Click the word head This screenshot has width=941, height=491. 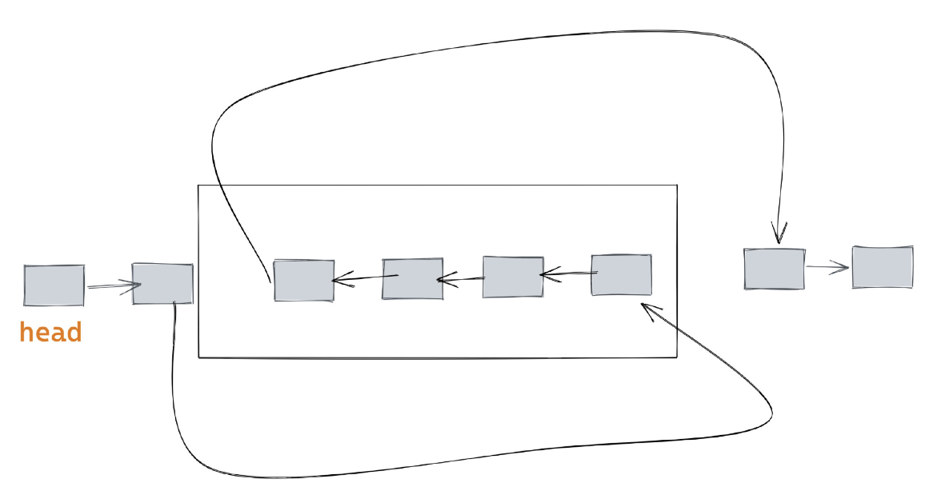(50, 332)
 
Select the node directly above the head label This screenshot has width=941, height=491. (54, 285)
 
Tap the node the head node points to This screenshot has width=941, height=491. (162, 283)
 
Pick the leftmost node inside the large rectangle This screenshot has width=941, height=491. (304, 280)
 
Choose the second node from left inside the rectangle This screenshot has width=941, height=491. (412, 278)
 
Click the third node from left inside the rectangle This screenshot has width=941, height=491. (513, 277)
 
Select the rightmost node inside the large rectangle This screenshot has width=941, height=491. (621, 275)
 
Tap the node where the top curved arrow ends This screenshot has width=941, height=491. (774, 268)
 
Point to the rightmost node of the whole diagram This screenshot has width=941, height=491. (883, 267)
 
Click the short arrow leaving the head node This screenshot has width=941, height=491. (112, 285)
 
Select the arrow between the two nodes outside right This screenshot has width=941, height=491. (827, 268)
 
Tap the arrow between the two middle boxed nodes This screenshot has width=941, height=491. (461, 279)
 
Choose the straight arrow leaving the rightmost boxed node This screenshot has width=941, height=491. (568, 275)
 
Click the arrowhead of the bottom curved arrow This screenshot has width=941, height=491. (648, 308)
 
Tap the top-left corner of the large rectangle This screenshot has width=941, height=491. (198, 186)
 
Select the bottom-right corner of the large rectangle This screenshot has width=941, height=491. (677, 357)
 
